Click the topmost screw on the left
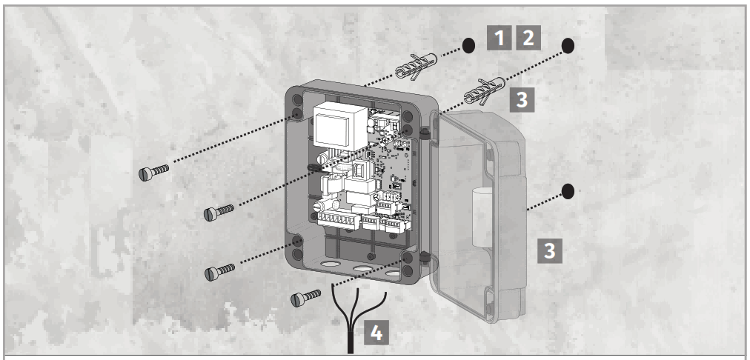coord(154,172)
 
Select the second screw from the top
coord(219,213)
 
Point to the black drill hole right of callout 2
coord(567,45)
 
